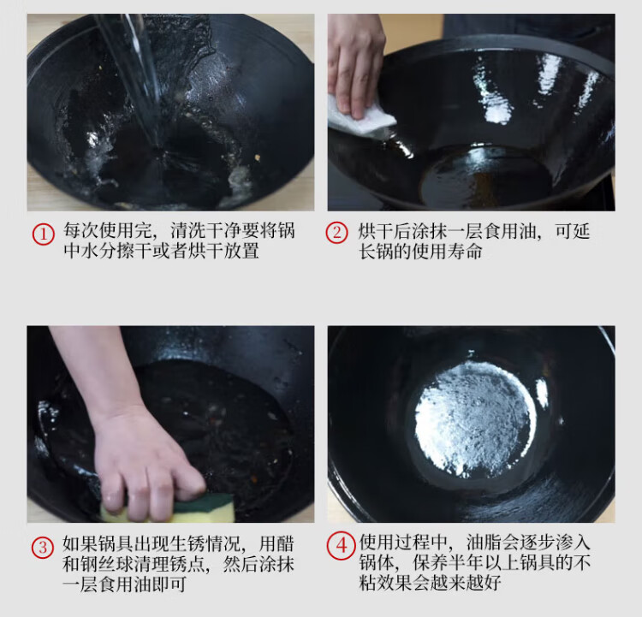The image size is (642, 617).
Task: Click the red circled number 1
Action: [x=43, y=234]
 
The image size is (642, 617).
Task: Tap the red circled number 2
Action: [x=336, y=233]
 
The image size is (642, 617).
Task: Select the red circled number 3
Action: [x=43, y=548]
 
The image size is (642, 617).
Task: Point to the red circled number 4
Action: [x=341, y=546]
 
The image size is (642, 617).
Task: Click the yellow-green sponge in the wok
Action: [x=172, y=508]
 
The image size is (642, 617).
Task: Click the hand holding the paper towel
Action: [x=355, y=66]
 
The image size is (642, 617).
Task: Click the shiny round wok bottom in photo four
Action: [x=475, y=418]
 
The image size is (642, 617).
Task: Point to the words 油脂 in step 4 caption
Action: [x=484, y=543]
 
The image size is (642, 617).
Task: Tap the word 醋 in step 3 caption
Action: [x=285, y=544]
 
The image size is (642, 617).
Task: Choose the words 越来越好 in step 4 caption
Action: [x=466, y=583]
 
